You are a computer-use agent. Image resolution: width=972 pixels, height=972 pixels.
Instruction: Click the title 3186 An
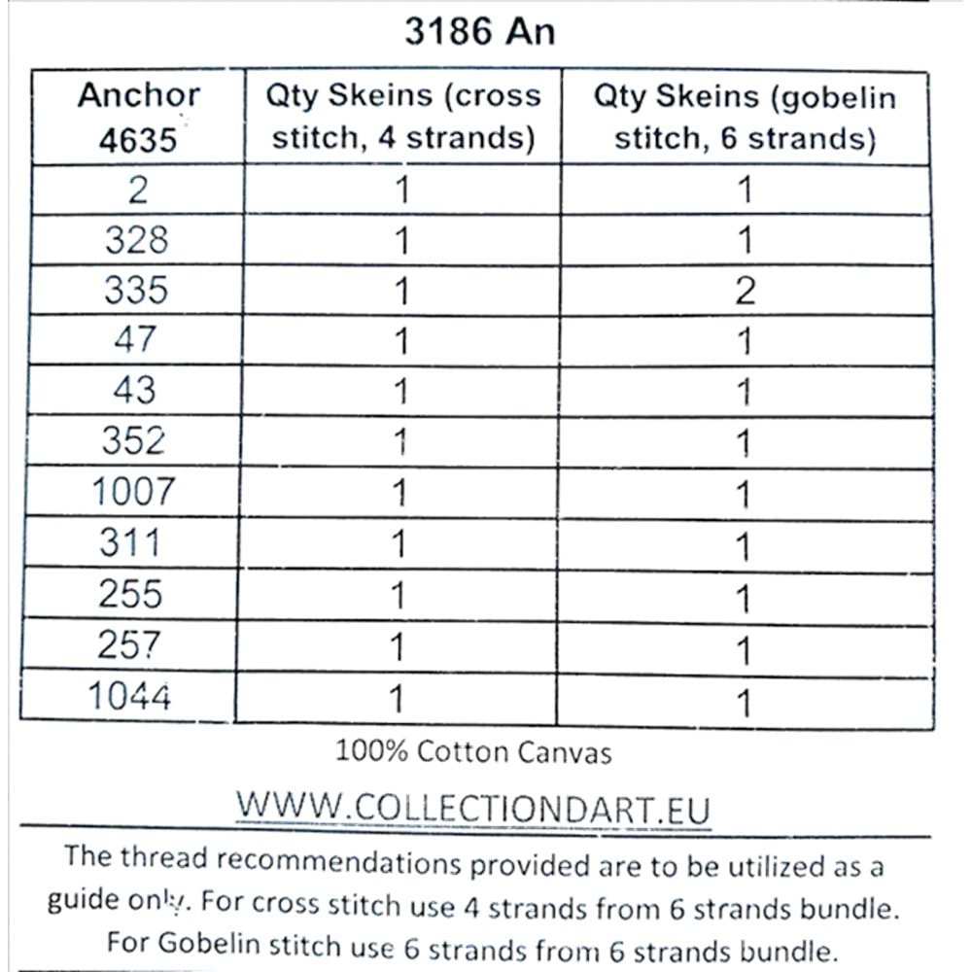[x=479, y=31]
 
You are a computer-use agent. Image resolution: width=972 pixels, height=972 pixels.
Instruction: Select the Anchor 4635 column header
[x=138, y=118]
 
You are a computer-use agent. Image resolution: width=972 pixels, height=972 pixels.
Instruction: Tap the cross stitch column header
[x=402, y=118]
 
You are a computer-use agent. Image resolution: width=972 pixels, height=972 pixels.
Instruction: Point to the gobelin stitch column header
[x=745, y=118]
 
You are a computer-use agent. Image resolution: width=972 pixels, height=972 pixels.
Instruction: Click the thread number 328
[x=136, y=240]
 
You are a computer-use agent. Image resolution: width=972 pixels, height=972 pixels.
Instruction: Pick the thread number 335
[x=136, y=291]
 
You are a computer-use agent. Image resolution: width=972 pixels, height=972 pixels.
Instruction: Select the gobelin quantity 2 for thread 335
[x=745, y=291]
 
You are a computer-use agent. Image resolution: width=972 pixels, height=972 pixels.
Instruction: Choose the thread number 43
[x=134, y=391]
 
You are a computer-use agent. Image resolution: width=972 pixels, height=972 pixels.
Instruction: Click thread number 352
[x=134, y=441]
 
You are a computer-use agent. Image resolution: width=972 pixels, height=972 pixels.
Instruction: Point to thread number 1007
[x=133, y=492]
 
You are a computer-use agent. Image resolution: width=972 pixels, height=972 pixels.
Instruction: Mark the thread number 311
[x=130, y=542]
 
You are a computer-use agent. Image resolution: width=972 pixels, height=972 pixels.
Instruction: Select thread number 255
[x=130, y=593]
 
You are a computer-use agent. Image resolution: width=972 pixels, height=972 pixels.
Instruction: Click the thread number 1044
[x=129, y=696]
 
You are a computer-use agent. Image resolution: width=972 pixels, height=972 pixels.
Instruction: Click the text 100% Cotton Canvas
[x=473, y=751]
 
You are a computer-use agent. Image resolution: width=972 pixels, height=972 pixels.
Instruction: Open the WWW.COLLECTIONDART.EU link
[x=473, y=809]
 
